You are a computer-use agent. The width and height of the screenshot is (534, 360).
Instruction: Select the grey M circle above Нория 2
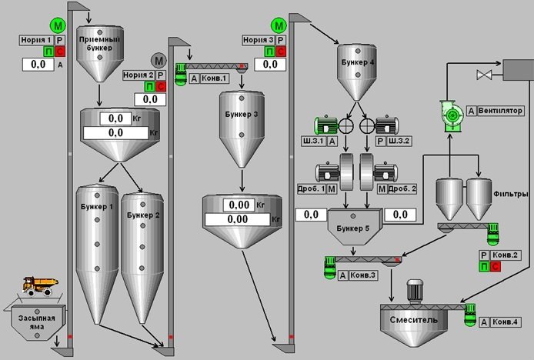tap(160, 60)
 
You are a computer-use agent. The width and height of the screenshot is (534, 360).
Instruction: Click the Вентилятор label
tap(500, 111)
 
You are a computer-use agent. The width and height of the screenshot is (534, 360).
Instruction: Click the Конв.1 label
tap(217, 78)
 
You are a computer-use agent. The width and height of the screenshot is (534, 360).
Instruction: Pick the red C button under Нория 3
tap(279, 52)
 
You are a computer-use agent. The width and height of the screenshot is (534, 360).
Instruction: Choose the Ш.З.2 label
tap(401, 142)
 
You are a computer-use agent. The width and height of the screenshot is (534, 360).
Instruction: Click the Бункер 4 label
tap(356, 61)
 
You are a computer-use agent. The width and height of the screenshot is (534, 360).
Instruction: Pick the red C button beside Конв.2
tap(494, 267)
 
